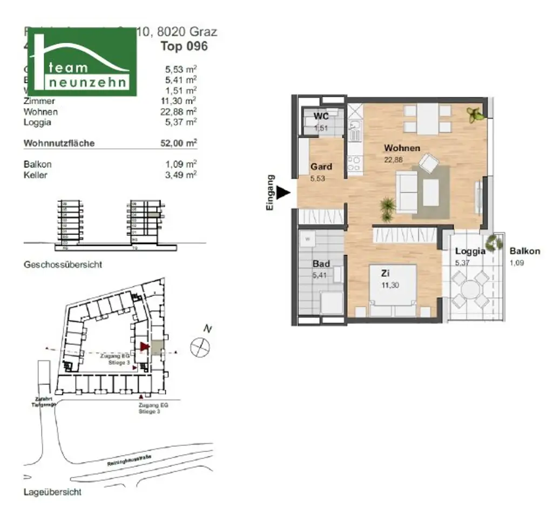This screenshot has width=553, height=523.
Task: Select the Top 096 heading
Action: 184,46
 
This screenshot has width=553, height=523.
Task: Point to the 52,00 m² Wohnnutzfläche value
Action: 180,143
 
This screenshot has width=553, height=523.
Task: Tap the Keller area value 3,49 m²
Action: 180,174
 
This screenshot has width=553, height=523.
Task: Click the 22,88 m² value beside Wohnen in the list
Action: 180,112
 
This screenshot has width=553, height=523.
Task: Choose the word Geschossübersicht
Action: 63,265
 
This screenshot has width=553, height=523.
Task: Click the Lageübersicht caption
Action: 52,492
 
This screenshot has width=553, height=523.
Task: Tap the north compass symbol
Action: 200,346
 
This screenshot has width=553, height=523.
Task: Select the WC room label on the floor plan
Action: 321,117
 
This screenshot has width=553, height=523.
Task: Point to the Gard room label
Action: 321,166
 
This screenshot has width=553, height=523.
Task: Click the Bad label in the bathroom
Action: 321,264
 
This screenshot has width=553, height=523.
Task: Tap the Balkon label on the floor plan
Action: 524,251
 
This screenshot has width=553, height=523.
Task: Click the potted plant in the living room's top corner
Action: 476,114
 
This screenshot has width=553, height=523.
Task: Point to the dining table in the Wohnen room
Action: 428,119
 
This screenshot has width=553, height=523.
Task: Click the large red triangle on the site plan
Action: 144,347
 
